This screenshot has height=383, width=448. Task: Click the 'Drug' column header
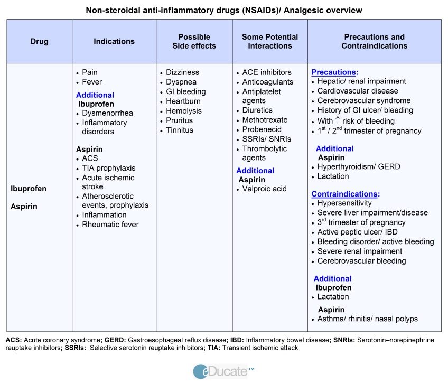tap(40, 41)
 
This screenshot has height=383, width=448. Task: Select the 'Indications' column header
tap(114, 41)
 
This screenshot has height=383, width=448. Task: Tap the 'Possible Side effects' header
tap(194, 41)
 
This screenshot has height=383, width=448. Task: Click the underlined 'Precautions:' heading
tap(334, 72)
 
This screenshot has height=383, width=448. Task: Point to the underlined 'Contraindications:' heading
tap(346, 194)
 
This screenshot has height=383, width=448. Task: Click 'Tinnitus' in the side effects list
tap(180, 130)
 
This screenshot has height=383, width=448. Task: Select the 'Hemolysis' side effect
tap(184, 111)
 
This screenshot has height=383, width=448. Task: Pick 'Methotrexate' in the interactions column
tap(265, 120)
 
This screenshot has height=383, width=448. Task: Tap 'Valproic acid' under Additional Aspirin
tap(264, 189)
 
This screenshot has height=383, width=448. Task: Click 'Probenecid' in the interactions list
tap(262, 129)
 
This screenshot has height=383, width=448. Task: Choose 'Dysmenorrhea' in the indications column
tap(107, 113)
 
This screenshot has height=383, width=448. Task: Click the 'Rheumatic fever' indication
tap(110, 225)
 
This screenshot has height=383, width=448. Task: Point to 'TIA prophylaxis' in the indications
tap(109, 168)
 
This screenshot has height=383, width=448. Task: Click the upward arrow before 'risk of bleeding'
tap(338, 120)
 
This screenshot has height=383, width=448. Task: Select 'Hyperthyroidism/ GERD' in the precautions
tap(359, 166)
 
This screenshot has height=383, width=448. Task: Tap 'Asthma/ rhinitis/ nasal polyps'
tap(367, 319)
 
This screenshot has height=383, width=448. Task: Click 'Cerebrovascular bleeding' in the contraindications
tap(361, 261)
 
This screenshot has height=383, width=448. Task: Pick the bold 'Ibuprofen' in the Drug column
tap(29, 189)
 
